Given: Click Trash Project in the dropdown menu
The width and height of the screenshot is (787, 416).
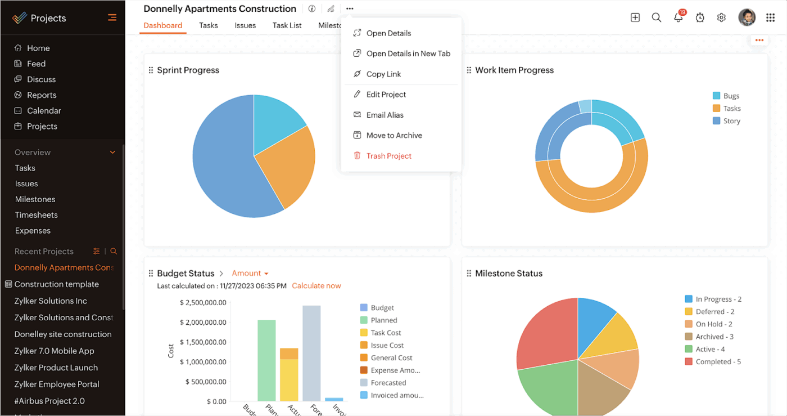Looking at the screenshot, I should click(388, 156).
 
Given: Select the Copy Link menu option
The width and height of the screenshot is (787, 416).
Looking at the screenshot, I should click(383, 74).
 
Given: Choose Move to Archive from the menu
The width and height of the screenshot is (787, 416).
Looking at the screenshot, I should click(393, 136).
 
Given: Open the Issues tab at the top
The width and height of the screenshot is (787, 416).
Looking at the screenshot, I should click(245, 25).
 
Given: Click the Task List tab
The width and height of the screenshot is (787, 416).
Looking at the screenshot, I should click(287, 25).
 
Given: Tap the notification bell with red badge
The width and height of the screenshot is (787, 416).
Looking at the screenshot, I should click(679, 17).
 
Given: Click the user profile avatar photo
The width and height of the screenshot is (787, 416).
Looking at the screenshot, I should click(747, 17).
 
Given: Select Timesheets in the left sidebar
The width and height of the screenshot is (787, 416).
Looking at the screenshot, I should click(36, 215).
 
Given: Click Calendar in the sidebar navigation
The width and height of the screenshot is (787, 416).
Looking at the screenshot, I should click(44, 111).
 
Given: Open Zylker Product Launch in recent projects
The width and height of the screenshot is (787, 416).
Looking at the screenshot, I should click(56, 368).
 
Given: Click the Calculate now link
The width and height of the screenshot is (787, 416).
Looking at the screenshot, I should click(316, 286).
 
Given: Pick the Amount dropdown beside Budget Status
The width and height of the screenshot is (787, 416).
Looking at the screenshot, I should click(250, 274).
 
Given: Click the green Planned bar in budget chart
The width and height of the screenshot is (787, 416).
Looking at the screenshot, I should click(266, 360).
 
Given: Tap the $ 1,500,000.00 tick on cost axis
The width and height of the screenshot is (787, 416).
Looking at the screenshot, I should click(203, 342).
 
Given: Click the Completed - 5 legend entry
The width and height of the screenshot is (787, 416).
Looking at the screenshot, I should click(718, 362).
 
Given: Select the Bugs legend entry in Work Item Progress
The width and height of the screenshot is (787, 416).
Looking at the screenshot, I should click(731, 96).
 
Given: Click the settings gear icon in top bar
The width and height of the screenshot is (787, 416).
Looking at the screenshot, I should click(721, 17).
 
